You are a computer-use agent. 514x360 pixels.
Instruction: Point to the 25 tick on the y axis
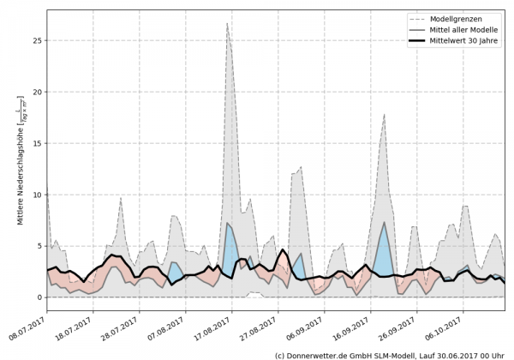tap(37, 40)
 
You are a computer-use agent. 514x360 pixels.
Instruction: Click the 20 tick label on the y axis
tap(37, 92)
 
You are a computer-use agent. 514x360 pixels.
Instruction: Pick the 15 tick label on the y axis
tap(37, 143)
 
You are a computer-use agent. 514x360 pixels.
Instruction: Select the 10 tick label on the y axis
tap(37, 195)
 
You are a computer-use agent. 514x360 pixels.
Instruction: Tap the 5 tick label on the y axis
tap(39, 246)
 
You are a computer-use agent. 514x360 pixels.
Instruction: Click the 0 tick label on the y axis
tap(39, 297)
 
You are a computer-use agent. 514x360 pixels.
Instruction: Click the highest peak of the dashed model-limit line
tap(227, 24)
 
